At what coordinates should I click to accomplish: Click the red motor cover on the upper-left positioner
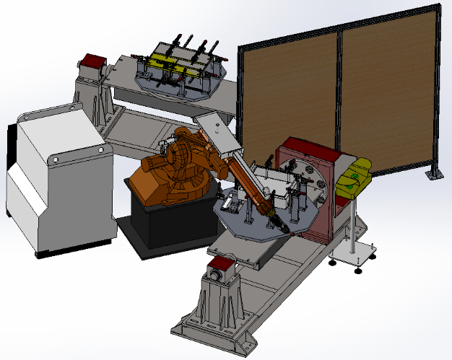click(x=92, y=61)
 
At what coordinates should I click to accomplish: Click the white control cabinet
click(x=58, y=180)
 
